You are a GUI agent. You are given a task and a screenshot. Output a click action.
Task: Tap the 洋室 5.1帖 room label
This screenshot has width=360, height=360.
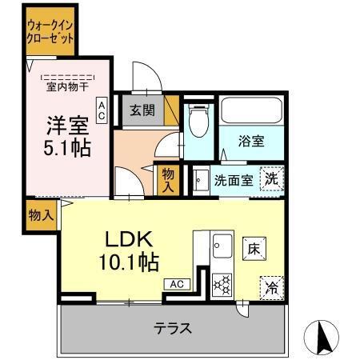point(66,137)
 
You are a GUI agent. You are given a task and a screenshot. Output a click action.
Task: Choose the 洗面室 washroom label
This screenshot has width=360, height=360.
point(234,180)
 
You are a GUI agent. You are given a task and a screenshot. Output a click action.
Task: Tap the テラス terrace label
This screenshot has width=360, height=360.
point(173,327)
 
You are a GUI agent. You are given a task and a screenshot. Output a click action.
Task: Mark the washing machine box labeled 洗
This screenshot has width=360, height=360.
point(273,179)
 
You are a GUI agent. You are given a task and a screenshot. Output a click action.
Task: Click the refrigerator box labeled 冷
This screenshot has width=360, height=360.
point(272,286)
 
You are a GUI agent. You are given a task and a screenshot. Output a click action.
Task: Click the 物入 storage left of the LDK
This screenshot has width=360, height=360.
point(39,214)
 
